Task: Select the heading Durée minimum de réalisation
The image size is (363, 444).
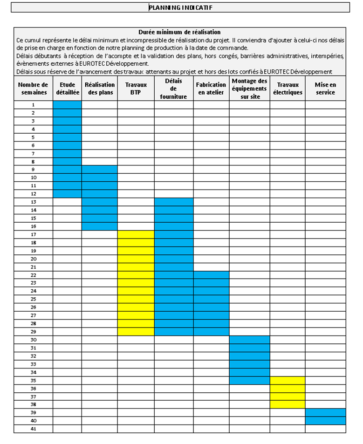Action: coord(179,32)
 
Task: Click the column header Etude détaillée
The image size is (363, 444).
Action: coord(67,89)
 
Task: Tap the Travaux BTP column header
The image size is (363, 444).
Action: coord(136,89)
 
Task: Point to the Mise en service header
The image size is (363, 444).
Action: coord(325,89)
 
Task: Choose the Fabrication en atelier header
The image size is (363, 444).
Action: coord(211,89)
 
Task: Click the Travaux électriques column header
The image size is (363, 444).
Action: coord(287,89)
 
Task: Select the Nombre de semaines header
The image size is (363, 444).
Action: coord(33,89)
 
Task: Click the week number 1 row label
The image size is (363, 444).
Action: coord(33,105)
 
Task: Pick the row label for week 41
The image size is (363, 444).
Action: coord(33,429)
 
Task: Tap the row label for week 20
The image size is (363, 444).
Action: coord(33,259)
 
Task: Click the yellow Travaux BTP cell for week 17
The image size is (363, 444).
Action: coord(136,234)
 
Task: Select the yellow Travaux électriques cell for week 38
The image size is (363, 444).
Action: coord(287,404)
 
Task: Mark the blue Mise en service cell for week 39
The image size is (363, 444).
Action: coord(325,412)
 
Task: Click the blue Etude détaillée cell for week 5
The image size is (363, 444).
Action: coord(67,137)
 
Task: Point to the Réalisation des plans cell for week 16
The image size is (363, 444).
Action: coord(99,226)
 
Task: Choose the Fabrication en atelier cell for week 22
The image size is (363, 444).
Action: coord(211,275)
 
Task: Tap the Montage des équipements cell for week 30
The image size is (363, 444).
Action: coord(249,340)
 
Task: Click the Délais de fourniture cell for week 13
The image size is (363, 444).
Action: coord(173,202)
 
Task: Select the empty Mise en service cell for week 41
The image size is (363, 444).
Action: coord(325,429)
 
